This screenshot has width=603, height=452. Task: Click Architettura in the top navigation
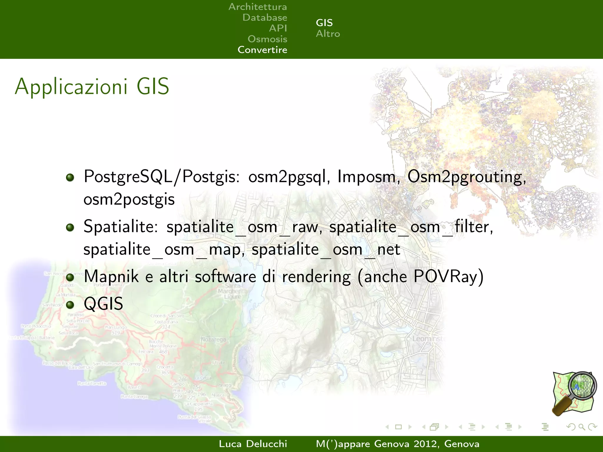[x=258, y=7]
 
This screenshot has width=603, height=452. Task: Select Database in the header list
[x=265, y=18]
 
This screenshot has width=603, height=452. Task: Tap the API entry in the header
[x=278, y=28]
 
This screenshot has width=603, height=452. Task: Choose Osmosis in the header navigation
[x=267, y=39]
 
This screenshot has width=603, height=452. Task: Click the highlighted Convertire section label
[x=262, y=50]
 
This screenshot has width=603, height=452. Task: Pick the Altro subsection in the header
[x=328, y=34]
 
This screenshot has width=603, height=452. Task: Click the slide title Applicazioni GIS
[x=92, y=87]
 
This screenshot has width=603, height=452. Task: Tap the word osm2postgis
[x=129, y=200]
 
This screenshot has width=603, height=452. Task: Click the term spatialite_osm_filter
[x=411, y=227]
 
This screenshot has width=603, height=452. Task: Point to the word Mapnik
[x=111, y=277]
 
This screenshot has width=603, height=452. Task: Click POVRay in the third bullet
[x=445, y=276]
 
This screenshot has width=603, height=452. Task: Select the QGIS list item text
[x=103, y=304]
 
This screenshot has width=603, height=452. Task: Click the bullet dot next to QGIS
[x=70, y=305]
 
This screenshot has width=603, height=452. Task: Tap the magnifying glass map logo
[x=574, y=394]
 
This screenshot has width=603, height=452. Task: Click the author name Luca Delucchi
[x=253, y=444]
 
